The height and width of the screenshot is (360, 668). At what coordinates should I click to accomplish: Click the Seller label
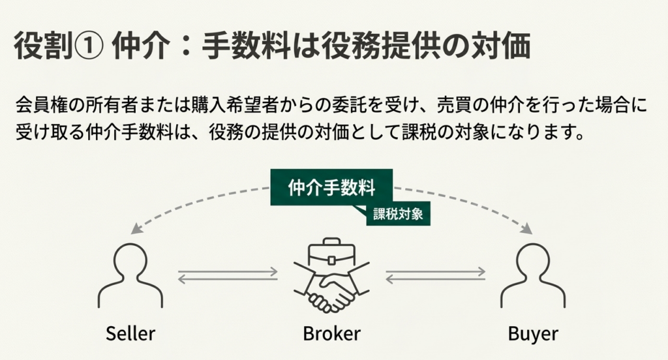130,334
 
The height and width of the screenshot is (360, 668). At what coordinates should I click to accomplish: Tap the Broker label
331,334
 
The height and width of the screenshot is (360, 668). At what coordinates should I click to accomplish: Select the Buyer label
533,334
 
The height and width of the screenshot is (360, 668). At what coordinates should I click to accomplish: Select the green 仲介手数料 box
332,188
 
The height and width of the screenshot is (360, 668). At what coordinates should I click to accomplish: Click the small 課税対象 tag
398,213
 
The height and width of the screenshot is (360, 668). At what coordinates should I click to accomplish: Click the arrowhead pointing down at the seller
135,229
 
